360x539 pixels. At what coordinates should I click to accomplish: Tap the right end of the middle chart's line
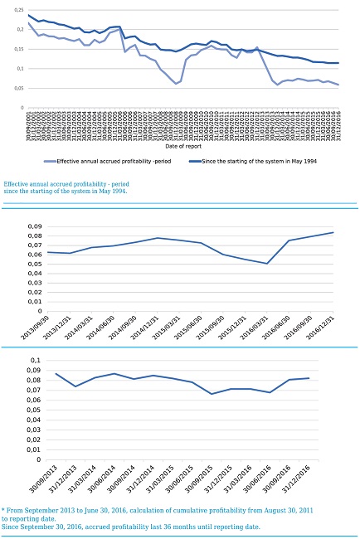pyautogui.click(x=333, y=232)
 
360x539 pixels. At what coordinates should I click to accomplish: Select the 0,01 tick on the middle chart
pyautogui.click(x=34, y=302)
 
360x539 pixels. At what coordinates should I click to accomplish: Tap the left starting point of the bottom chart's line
pyautogui.click(x=56, y=373)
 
